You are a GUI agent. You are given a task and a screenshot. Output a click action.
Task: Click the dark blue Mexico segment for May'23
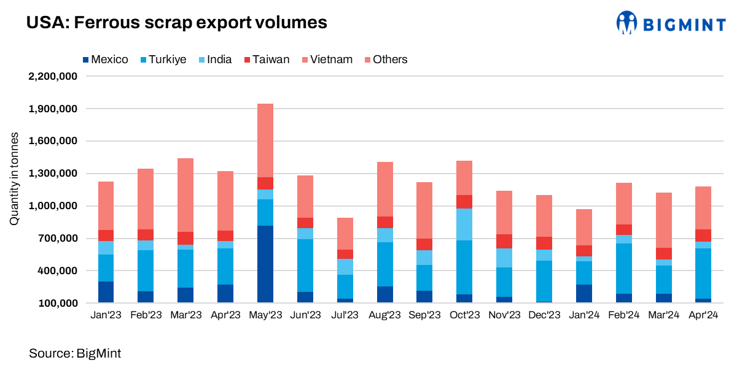pyautogui.click(x=265, y=264)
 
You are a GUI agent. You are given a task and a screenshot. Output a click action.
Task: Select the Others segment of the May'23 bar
pyautogui.click(x=265, y=140)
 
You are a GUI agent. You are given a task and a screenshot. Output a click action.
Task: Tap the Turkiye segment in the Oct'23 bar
pyautogui.click(x=464, y=267)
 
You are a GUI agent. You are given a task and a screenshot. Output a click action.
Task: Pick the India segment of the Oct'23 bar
pyautogui.click(x=464, y=224)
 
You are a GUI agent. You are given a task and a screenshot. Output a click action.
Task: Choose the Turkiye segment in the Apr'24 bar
pyautogui.click(x=703, y=274)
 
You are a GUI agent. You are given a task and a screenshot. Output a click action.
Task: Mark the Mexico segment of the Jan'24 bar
pyautogui.click(x=584, y=293)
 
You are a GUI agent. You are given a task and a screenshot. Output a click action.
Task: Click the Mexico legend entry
pyautogui.click(x=105, y=59)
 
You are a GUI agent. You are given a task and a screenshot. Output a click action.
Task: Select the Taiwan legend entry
pyautogui.click(x=267, y=59)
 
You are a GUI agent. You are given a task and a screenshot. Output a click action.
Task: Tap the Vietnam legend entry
pyautogui.click(x=326, y=59)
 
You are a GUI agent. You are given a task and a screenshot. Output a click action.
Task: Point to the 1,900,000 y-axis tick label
pyautogui.click(x=53, y=109)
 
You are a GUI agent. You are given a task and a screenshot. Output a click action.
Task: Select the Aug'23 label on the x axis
pyautogui.click(x=385, y=315)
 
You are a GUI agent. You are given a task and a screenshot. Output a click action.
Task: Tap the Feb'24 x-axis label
pyautogui.click(x=624, y=315)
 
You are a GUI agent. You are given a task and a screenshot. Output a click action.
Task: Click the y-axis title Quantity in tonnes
pyautogui.click(x=14, y=178)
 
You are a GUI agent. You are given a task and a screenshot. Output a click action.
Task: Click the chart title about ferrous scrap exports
pyautogui.click(x=176, y=23)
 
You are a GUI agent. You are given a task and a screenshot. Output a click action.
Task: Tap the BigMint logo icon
pyautogui.click(x=627, y=23)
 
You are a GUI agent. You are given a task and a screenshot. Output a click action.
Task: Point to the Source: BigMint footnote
pyautogui.click(x=75, y=353)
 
